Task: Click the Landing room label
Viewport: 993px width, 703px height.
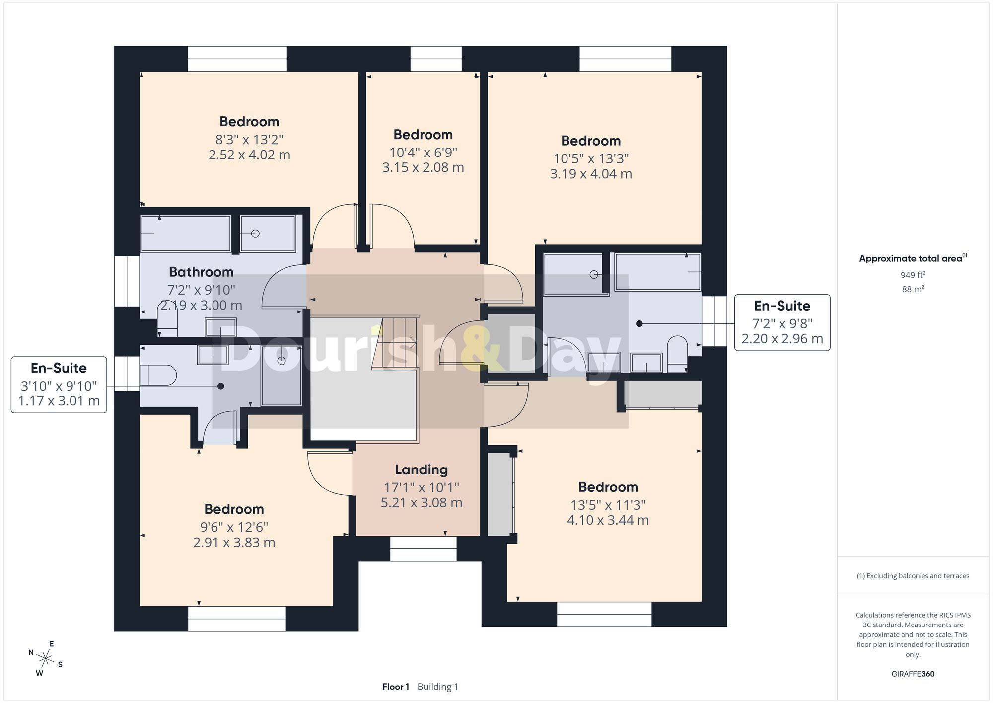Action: [421, 469]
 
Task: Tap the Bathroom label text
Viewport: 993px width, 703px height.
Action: [201, 272]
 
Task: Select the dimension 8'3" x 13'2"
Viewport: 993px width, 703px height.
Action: [249, 140]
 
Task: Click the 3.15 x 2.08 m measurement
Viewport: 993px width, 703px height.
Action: [423, 167]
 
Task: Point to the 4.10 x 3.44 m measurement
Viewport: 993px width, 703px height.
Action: [608, 520]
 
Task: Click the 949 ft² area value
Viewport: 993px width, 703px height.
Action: [913, 275]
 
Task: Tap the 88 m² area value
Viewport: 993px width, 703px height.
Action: [913, 289]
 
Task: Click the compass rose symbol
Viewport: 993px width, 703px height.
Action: [46, 659]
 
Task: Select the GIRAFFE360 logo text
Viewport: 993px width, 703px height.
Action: [913, 674]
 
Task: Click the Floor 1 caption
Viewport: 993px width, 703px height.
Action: [395, 687]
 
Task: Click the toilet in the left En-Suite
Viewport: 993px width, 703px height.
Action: [158, 376]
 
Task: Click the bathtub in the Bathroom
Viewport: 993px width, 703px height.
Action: [186, 234]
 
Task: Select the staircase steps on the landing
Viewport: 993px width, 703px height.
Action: [395, 342]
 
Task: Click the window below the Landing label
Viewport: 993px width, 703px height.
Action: [423, 548]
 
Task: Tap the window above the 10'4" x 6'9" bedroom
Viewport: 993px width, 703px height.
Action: [436, 59]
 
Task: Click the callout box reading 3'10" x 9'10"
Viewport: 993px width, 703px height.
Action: [59, 385]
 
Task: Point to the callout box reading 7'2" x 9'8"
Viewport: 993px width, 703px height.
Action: [782, 322]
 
